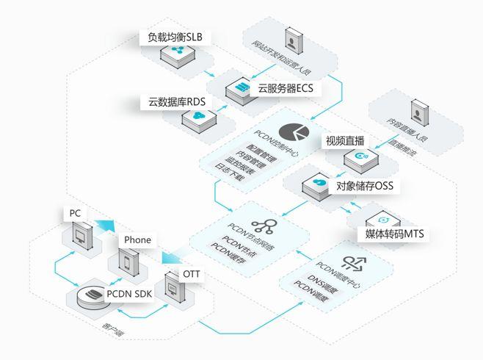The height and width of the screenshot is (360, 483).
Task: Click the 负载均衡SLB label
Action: pyautogui.click(x=174, y=37)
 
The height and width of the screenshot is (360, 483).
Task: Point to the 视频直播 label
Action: pyautogui.click(x=345, y=140)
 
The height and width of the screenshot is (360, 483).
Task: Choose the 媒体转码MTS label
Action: pyautogui.click(x=394, y=234)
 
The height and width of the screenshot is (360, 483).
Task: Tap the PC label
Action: pyautogui.click(x=75, y=213)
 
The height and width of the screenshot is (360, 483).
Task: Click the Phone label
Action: pyautogui.click(x=137, y=240)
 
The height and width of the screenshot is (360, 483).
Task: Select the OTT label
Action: pyautogui.click(x=191, y=273)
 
